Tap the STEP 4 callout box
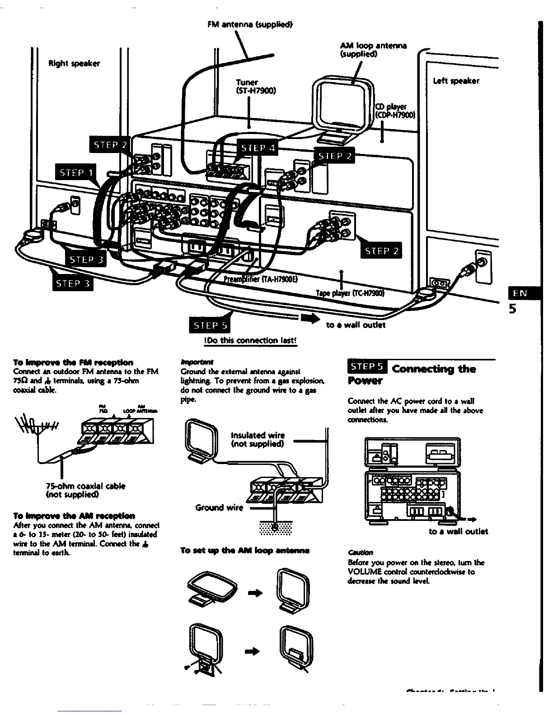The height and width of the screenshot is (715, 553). [257, 148]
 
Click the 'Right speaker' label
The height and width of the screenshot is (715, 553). [74, 63]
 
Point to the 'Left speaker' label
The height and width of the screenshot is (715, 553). [456, 81]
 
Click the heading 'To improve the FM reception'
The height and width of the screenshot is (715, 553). [73, 362]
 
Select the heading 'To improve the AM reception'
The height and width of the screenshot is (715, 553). [74, 515]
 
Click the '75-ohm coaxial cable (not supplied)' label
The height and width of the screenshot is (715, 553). [86, 490]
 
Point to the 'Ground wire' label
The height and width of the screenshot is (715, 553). [219, 507]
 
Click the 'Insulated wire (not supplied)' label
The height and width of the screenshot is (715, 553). [258, 439]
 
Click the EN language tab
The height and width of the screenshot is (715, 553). [520, 293]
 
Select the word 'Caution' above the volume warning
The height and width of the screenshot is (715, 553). [361, 552]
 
